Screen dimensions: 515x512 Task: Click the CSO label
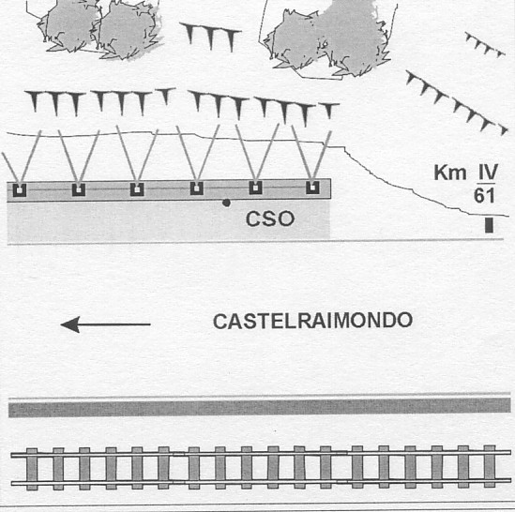click(270, 219)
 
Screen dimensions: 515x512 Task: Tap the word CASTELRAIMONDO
click(312, 321)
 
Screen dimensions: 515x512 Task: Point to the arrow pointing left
click(105, 324)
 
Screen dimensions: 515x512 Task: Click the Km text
click(450, 173)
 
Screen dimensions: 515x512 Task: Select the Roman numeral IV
click(489, 173)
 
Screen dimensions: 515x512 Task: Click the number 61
click(484, 196)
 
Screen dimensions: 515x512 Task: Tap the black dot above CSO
click(226, 203)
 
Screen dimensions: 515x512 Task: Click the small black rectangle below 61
click(489, 225)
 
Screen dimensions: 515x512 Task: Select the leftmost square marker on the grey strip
click(20, 190)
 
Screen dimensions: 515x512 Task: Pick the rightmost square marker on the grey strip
click(312, 188)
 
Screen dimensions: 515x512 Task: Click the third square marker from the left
click(137, 189)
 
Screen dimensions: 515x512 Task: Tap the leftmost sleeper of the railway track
click(32, 469)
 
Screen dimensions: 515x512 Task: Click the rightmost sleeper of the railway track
click(490, 466)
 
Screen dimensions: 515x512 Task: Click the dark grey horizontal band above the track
click(260, 407)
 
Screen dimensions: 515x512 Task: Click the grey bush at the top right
click(328, 38)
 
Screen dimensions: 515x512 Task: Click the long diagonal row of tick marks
click(457, 102)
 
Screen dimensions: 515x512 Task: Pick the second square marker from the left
click(79, 189)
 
